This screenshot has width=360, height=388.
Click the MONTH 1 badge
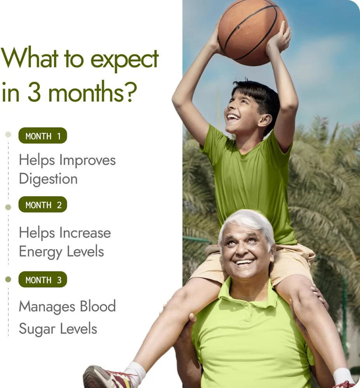[43, 136]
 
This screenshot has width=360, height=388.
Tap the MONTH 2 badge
[43, 205]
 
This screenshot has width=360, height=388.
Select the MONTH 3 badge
[43, 280]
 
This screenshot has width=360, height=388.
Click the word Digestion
[48, 179]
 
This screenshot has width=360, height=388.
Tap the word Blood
[97, 306]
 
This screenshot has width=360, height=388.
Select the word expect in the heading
[124, 59]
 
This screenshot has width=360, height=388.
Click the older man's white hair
[247, 221]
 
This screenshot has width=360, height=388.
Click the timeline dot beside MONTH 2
[8, 207]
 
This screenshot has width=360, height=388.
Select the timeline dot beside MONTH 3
[8, 279]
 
